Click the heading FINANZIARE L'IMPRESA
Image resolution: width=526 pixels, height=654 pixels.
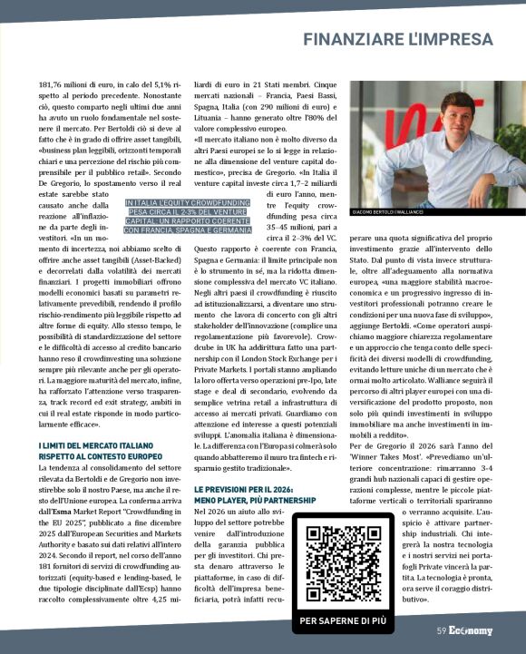(397, 40)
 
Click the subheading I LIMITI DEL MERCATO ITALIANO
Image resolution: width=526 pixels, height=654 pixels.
(96, 445)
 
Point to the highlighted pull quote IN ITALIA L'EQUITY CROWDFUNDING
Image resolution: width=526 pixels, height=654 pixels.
(189, 217)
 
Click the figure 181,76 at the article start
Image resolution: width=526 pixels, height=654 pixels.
(54, 85)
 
